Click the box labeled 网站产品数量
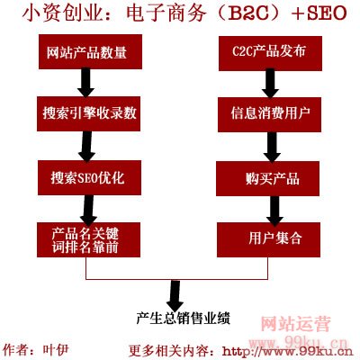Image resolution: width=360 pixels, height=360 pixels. [x=90, y=52]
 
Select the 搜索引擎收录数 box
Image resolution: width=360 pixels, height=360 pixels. [x=89, y=113]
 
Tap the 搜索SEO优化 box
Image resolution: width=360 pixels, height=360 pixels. [x=89, y=177]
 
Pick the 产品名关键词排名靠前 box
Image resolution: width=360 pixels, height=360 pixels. [x=88, y=239]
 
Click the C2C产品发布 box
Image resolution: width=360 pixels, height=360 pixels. [x=270, y=53]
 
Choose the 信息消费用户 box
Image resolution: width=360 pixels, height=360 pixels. [x=269, y=114]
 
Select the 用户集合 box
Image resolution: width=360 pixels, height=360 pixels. [x=268, y=239]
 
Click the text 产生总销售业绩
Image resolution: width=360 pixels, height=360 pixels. [x=183, y=319]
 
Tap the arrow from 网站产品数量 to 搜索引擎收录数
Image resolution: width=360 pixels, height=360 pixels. [x=86, y=83]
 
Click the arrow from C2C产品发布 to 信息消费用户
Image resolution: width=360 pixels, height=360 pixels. [x=270, y=84]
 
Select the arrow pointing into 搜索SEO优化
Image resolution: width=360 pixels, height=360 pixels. [x=86, y=146]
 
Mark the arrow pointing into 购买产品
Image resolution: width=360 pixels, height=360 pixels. [x=272, y=147]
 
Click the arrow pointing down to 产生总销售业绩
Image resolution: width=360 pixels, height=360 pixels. [x=175, y=295]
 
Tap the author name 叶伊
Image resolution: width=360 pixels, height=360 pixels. [x=56, y=350]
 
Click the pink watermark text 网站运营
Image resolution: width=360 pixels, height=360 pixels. [x=295, y=324]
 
